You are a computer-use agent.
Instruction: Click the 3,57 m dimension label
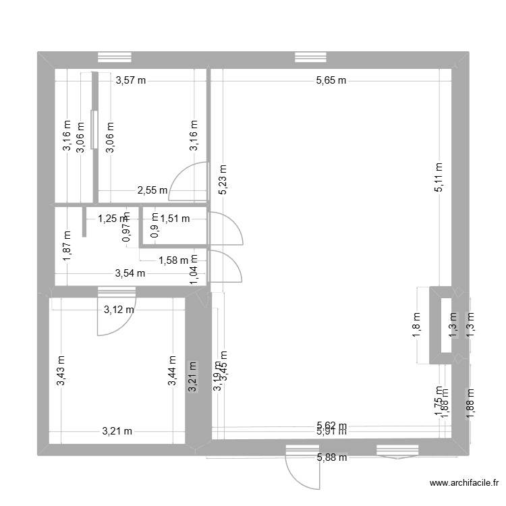click(131, 80)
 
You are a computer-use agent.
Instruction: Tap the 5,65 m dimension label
click(331, 80)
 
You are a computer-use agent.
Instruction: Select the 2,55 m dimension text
click(152, 190)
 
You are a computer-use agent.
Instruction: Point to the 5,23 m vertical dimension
click(223, 181)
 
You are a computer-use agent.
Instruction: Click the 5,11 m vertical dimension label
click(439, 178)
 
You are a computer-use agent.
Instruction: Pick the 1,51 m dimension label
click(175, 218)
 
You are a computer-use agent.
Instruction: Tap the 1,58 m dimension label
click(173, 260)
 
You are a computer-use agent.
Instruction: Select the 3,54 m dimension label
click(130, 273)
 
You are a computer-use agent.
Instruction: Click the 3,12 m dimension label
click(118, 310)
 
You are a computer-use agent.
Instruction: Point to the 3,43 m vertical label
click(61, 371)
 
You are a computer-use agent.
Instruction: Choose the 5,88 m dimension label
click(331, 458)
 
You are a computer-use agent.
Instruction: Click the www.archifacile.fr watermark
click(464, 483)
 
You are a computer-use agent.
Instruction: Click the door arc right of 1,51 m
click(226, 229)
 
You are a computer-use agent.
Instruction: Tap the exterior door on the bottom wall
click(301, 467)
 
